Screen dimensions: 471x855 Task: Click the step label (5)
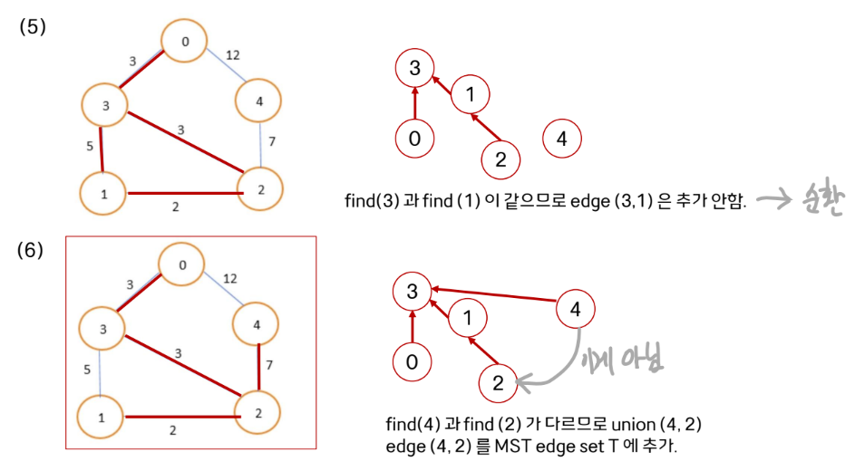click(x=33, y=27)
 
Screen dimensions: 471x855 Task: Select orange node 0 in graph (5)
click(x=185, y=42)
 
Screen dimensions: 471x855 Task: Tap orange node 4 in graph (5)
click(x=259, y=101)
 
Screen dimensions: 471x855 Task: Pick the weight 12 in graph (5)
click(x=232, y=56)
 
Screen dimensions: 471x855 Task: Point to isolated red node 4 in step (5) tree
click(x=561, y=139)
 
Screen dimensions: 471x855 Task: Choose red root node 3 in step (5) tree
click(x=415, y=68)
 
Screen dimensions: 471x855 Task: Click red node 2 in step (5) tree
click(x=500, y=160)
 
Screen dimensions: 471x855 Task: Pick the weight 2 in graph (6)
click(x=174, y=431)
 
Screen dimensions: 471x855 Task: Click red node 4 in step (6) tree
click(x=576, y=310)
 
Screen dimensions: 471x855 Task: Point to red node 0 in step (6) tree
click(x=413, y=362)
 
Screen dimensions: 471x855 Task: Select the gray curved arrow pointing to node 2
click(x=553, y=368)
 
